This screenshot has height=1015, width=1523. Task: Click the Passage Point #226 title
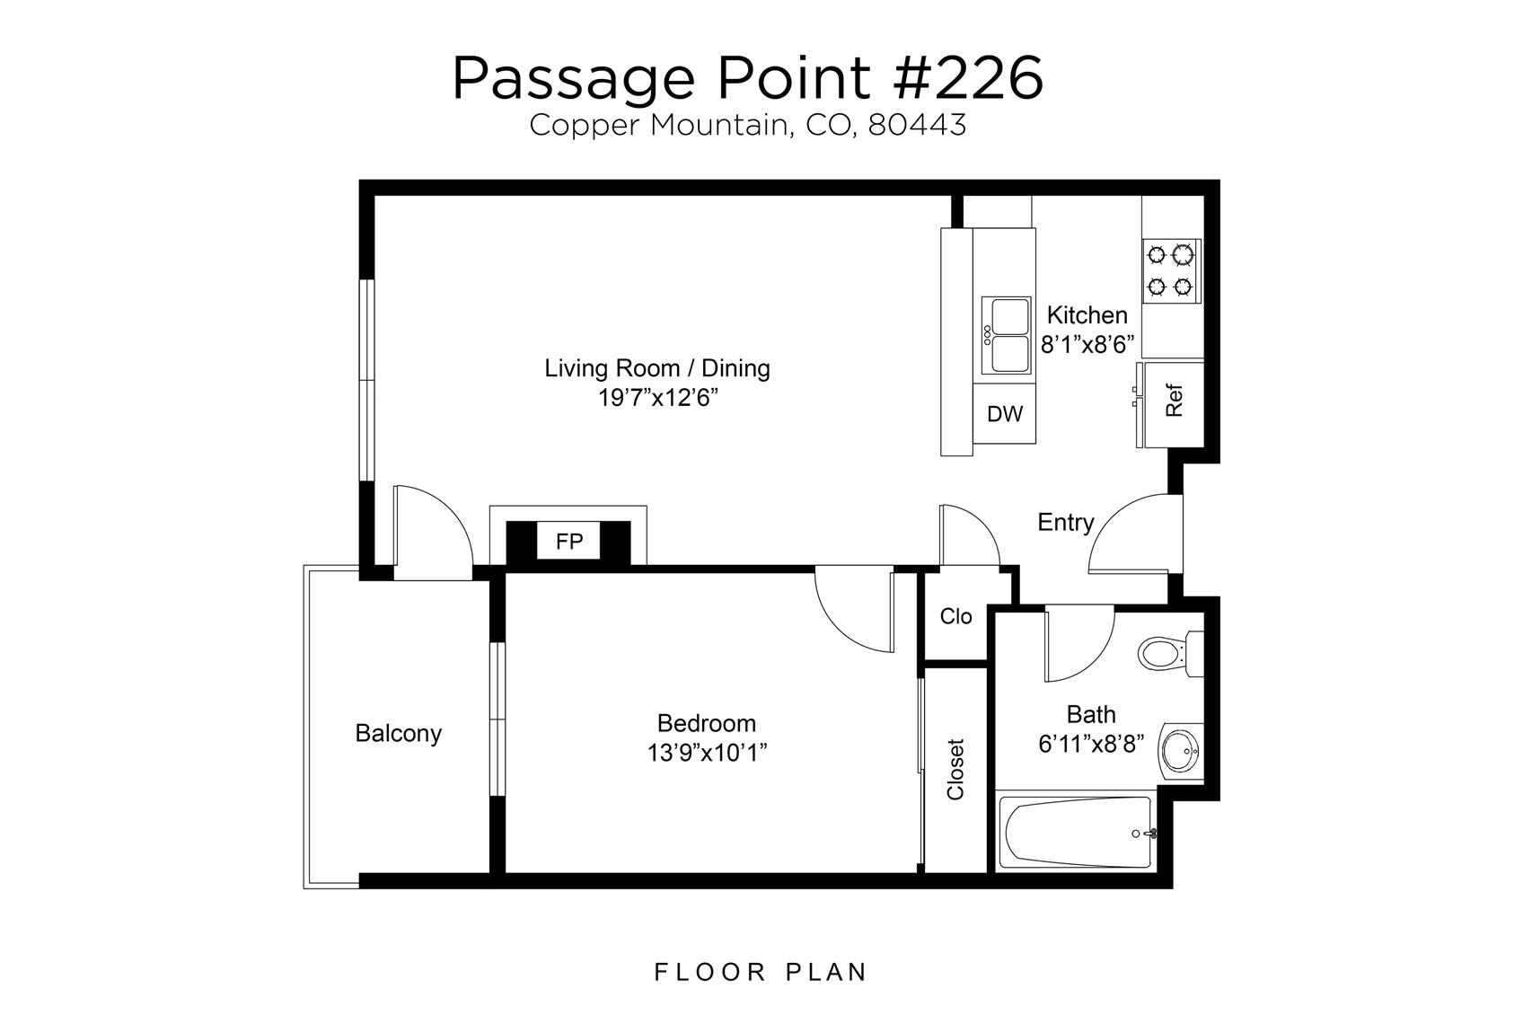coord(747,79)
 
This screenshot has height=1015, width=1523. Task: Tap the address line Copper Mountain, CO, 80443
coord(747,126)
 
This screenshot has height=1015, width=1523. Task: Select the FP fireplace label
coord(569,542)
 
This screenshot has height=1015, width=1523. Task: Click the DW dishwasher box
coord(1005,414)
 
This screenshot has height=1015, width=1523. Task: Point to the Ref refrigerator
coord(1174,402)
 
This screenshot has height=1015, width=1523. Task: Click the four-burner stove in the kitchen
coord(1171,270)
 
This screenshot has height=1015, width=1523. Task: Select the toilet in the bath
coord(1167,653)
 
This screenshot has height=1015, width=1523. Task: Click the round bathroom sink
coord(1179,751)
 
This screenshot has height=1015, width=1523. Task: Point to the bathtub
coord(1074,833)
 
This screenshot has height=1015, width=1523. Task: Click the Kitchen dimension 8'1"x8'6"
coord(1087,345)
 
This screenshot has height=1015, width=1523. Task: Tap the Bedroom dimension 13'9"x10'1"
coord(707,753)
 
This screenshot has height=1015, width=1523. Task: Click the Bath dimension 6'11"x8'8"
coord(1090,745)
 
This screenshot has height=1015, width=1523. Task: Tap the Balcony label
coord(399,734)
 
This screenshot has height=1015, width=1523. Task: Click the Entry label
coord(1065,523)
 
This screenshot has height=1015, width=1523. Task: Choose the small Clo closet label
coord(955,617)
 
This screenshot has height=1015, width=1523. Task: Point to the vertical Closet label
coord(955,769)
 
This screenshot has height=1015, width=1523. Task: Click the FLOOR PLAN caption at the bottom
coord(761,972)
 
